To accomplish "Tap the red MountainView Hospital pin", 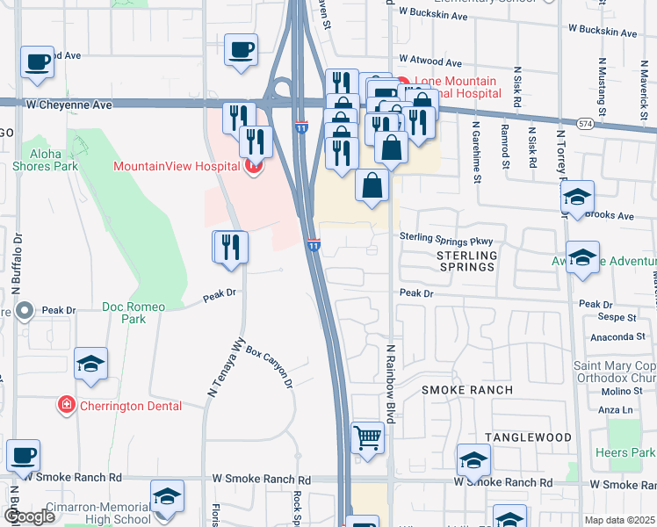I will click(x=254, y=165).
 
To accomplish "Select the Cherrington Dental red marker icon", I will click(x=66, y=405).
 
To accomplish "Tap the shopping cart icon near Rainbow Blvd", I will click(x=367, y=437).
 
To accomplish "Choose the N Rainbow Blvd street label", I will click(x=388, y=384).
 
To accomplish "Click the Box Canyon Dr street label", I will click(x=269, y=365).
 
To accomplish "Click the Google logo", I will click(x=28, y=516).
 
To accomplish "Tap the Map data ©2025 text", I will click(x=619, y=520).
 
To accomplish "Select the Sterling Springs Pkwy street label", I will click(x=450, y=238).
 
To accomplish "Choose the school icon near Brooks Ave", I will click(x=577, y=199).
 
